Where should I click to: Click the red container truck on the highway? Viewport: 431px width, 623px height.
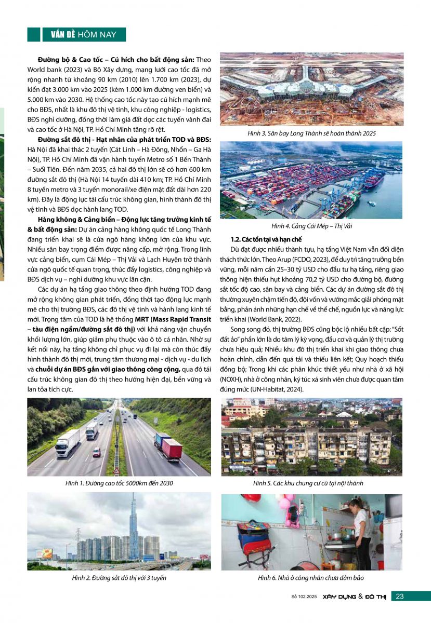[171, 448]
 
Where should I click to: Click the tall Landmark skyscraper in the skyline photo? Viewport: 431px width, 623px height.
[134, 524]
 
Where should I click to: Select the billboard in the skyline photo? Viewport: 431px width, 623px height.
[44, 553]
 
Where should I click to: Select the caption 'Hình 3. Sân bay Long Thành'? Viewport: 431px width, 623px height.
[311, 133]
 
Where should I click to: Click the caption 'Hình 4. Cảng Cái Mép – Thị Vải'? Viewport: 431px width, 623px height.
[311, 226]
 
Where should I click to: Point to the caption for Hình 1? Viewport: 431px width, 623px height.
[119, 483]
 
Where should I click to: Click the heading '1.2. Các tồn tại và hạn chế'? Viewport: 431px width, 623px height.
[258, 239]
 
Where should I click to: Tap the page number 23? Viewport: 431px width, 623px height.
[400, 596]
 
